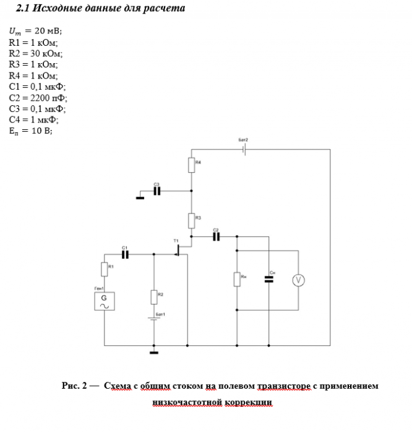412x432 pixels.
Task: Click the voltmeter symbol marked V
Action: pyautogui.click(x=298, y=280)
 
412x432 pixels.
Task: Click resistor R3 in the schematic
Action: pyautogui.click(x=192, y=219)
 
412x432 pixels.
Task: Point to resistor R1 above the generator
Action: pyautogui.click(x=104, y=269)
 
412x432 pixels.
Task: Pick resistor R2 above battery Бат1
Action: pyautogui.click(x=153, y=296)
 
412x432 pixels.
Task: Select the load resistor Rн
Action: pyautogui.click(x=237, y=279)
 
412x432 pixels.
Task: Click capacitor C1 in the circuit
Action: pyautogui.click(x=126, y=254)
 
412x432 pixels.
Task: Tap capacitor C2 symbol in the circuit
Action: pyautogui.click(x=216, y=236)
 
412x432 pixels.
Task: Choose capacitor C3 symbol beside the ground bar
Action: pyautogui.click(x=157, y=191)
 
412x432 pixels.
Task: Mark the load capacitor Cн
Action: pyautogui.click(x=268, y=279)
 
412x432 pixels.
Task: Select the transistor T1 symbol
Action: pyautogui.click(x=180, y=250)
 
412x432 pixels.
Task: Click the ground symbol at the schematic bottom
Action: pyautogui.click(x=153, y=353)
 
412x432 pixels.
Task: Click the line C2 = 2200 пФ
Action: pyautogui.click(x=38, y=98)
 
